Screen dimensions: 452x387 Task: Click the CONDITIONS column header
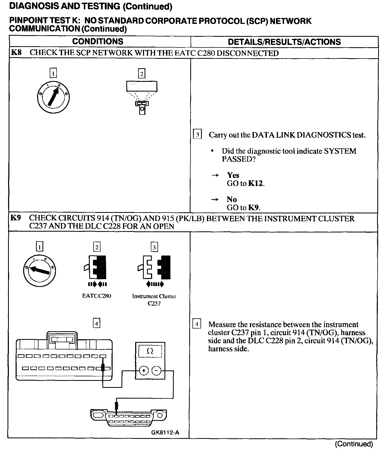pos(98,42)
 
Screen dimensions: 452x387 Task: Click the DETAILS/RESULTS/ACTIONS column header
pos(284,42)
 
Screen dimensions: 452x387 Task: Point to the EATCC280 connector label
pos(96,296)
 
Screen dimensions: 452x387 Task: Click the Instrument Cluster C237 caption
pos(154,300)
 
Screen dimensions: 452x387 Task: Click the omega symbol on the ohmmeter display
pos(150,351)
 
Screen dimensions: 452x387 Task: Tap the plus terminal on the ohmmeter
pos(144,371)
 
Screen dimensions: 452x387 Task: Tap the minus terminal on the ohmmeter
pos(156,371)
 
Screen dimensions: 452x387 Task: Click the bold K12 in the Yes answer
pos(256,183)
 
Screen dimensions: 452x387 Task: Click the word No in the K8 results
pos(232,199)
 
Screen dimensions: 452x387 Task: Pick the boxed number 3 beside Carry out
pos(197,134)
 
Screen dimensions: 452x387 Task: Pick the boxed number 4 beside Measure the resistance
pos(197,324)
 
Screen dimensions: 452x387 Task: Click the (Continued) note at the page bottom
pos(354,444)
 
